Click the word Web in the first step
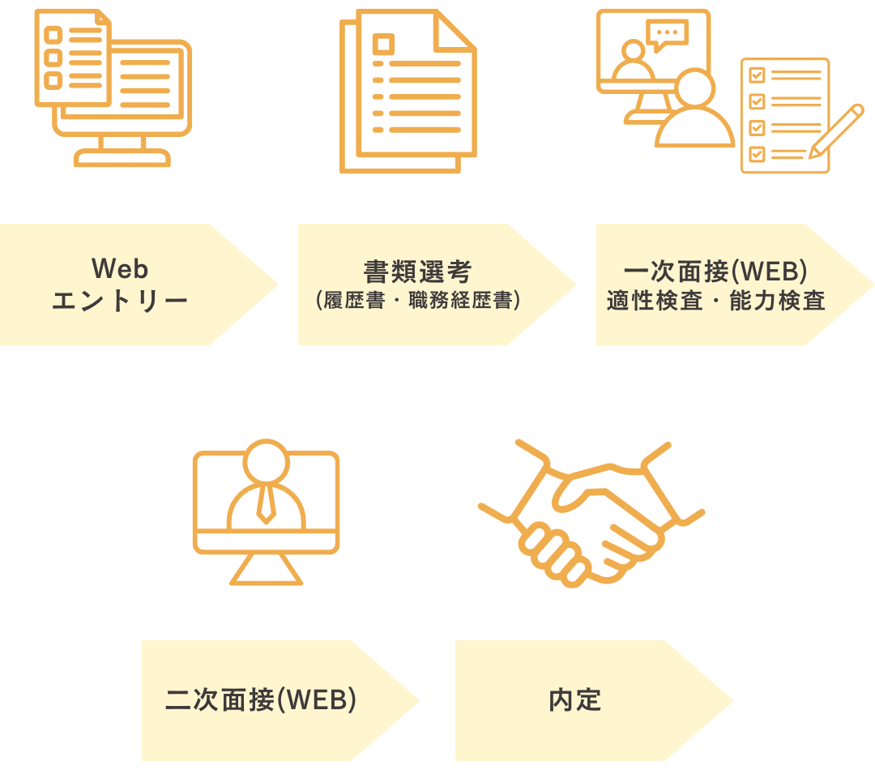[x=120, y=268]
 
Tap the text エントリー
[x=120, y=301]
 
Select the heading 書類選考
[x=417, y=272]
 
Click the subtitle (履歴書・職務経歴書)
[x=417, y=301]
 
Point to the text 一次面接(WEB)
[x=715, y=272]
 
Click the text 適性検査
[x=655, y=301]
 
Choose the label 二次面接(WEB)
[x=261, y=699]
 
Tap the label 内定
[x=574, y=700]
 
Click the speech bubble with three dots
[x=667, y=35]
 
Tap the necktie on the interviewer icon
[x=267, y=504]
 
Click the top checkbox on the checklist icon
[x=757, y=75]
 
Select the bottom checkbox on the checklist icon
[x=757, y=153]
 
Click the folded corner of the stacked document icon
[x=455, y=32]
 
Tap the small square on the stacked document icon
[x=383, y=44]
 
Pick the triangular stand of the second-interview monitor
[x=267, y=569]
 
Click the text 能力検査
[x=777, y=301]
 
